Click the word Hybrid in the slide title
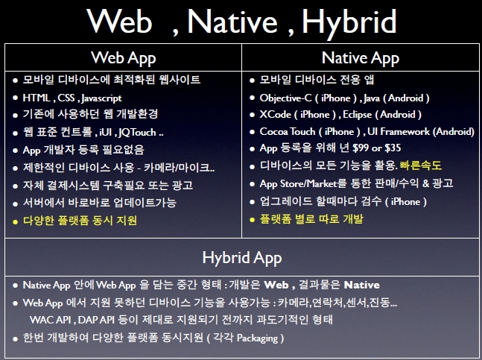[x=349, y=22]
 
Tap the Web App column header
[x=123, y=58]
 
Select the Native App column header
[x=361, y=58]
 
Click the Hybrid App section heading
[x=242, y=258]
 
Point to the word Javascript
[x=102, y=98]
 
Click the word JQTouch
[x=137, y=133]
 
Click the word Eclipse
[x=357, y=115]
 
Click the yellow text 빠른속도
[x=420, y=165]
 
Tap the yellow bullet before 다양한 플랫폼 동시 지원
[x=16, y=221]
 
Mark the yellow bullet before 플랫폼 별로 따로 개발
[x=253, y=220]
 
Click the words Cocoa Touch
[x=288, y=132]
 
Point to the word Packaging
[x=257, y=338]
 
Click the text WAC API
[x=51, y=320]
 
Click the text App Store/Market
[x=299, y=183]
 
